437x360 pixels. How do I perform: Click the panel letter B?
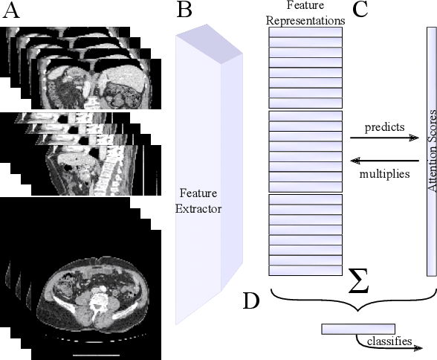[184, 10]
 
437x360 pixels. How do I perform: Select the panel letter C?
[360, 10]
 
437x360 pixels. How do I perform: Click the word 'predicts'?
[384, 127]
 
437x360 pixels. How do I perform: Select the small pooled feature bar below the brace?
[358, 328]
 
